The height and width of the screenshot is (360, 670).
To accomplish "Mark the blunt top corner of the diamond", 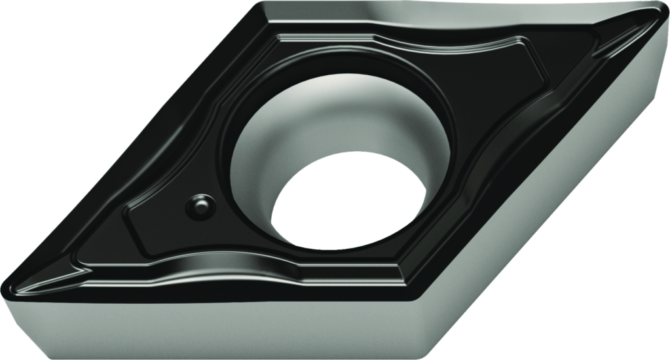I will coord(262,8).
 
